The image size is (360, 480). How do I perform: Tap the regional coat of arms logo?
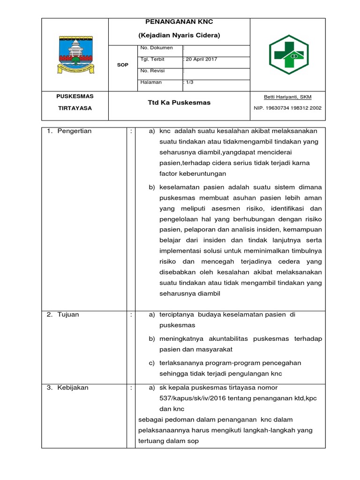click(75, 54)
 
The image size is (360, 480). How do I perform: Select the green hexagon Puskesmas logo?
click(288, 54)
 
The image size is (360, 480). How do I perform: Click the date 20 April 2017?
click(201, 59)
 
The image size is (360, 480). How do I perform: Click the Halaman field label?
click(151, 82)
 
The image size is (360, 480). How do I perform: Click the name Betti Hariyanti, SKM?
click(288, 97)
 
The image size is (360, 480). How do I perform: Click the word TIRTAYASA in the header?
click(75, 108)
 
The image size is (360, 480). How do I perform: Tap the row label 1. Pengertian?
click(70, 131)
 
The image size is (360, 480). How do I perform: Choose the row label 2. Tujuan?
click(63, 315)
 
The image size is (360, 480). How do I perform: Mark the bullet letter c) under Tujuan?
click(152, 363)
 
